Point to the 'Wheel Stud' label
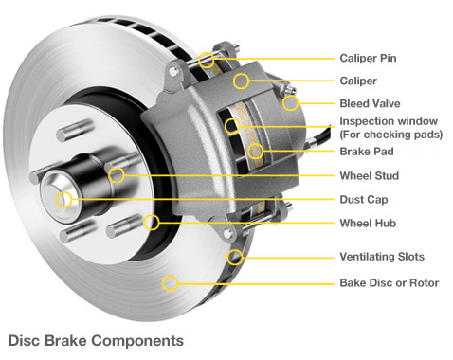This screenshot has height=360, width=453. [x=369, y=176]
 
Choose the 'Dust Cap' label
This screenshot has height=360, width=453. [x=364, y=200]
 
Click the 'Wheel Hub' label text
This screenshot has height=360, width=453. [x=367, y=224]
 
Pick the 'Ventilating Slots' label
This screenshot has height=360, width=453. [x=382, y=257]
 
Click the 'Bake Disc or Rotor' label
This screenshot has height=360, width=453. [x=388, y=282]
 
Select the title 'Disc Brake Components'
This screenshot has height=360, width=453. [x=95, y=338]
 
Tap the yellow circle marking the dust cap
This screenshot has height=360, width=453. [x=64, y=199]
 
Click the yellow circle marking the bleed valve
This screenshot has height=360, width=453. [x=290, y=101]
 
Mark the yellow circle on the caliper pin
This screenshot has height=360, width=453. [x=208, y=61]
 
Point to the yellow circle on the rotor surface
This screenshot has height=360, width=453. [x=170, y=281]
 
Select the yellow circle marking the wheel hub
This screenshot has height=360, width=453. [x=153, y=223]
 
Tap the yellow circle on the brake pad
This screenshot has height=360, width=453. [x=255, y=151]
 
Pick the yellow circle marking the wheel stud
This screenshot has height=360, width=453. [x=117, y=175]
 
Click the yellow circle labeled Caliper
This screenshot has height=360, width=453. [x=243, y=81]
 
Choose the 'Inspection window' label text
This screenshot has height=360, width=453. [x=389, y=121]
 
